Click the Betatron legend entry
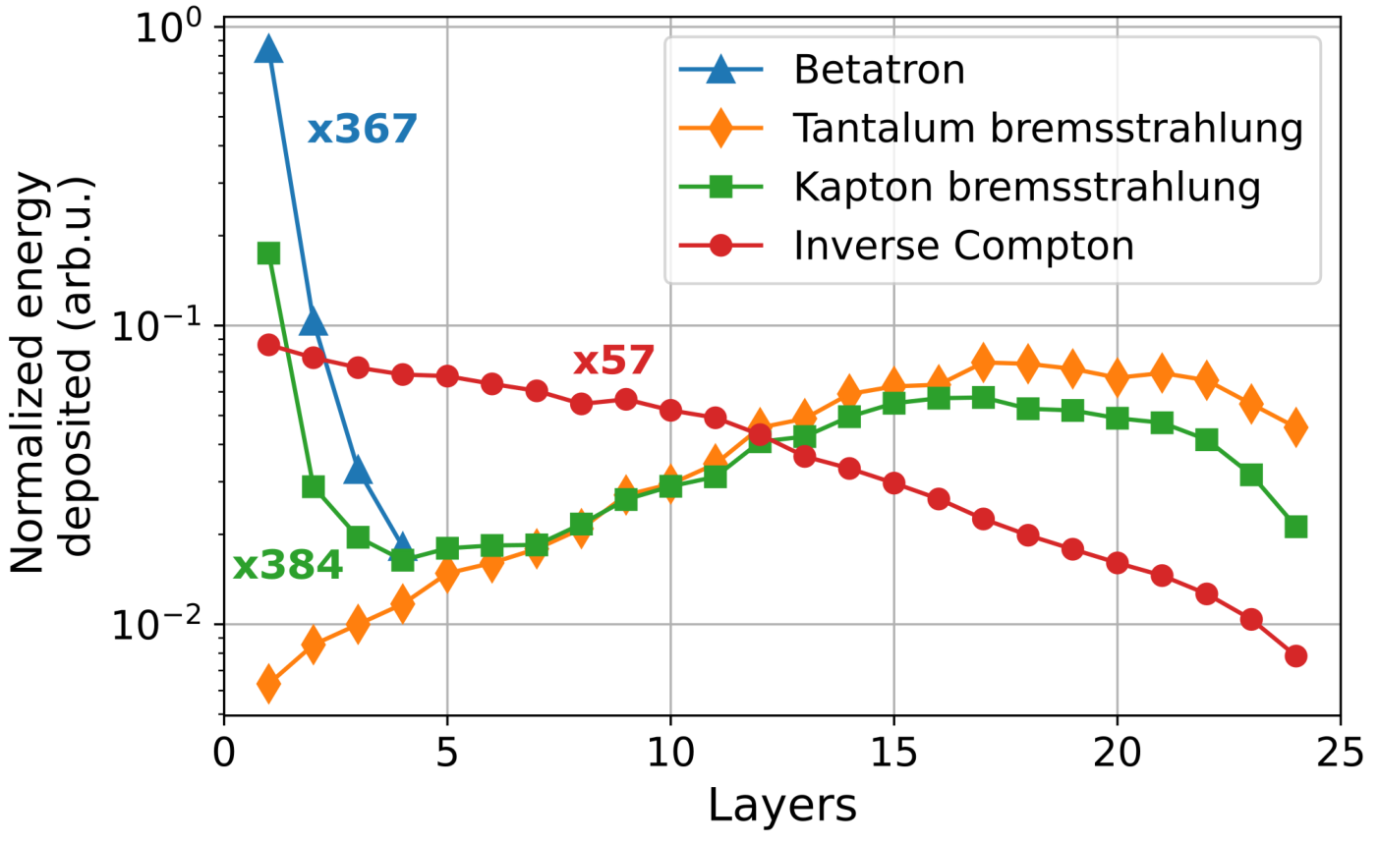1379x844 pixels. pos(823,70)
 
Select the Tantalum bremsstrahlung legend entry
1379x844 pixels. pos(991,128)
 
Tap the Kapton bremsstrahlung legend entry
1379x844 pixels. pos(969,187)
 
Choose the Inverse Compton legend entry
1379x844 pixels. pos(906,246)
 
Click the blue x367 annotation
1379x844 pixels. pos(362,129)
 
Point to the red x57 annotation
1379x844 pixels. pos(613,361)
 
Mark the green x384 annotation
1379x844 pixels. pos(288,565)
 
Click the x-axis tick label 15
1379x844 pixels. pos(893,753)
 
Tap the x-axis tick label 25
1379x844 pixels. pos(1341,753)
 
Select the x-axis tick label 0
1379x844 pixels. pos(224,753)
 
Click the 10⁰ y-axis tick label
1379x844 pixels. pos(169,27)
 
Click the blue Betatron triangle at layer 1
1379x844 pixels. pos(268,49)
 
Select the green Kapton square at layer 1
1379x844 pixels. pos(268,253)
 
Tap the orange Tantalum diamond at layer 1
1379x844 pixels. pos(268,683)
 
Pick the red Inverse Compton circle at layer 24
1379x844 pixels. pos(1295,655)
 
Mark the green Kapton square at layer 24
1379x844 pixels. pos(1295,527)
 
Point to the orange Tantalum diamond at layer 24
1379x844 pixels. pos(1295,426)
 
